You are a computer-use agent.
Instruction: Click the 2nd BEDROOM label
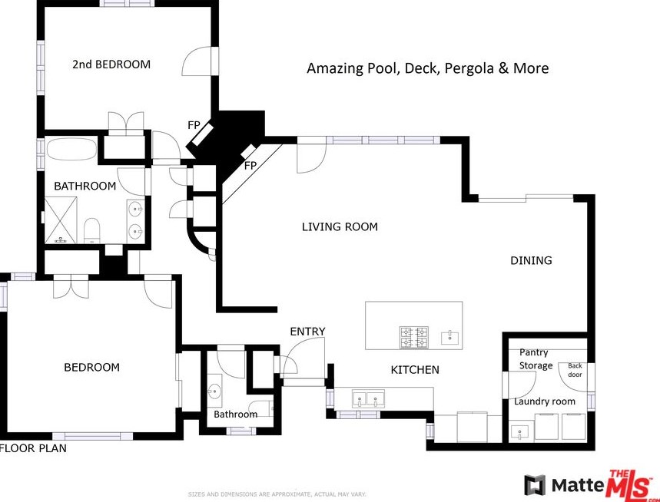(111, 64)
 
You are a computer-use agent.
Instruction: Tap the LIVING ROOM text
(340, 227)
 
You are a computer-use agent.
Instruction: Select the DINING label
(531, 261)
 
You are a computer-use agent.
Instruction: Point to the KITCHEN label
(415, 370)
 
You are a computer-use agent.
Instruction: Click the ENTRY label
(307, 332)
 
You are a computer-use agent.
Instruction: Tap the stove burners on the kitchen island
(414, 337)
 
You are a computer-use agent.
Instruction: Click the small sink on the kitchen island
(450, 338)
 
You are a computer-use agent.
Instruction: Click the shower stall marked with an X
(61, 220)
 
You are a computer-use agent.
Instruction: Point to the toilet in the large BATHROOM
(91, 230)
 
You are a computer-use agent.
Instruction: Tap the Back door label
(575, 370)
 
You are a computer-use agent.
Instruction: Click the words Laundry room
(544, 401)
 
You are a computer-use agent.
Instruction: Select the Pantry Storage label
(535, 359)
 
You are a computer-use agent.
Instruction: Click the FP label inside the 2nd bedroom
(194, 125)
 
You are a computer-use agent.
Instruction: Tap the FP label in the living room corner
(250, 166)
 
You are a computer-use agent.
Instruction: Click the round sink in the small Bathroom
(214, 391)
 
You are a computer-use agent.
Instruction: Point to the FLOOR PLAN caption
(33, 448)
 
